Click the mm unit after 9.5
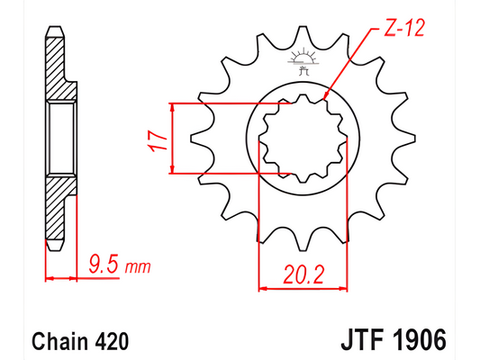click(138, 268)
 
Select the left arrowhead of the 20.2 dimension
click(264, 290)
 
